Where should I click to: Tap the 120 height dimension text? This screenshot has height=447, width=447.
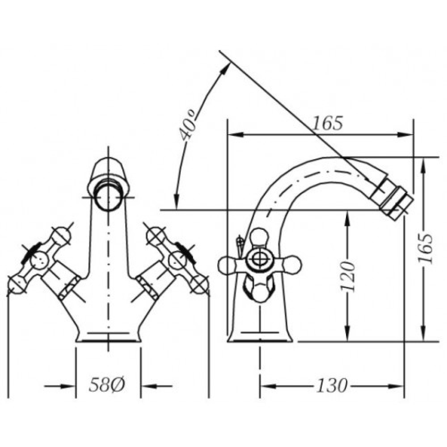tap(348, 276)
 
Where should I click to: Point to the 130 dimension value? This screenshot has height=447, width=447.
tap(332, 385)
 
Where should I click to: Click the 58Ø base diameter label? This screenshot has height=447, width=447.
tap(107, 385)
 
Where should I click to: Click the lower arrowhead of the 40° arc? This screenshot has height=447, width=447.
tap(177, 203)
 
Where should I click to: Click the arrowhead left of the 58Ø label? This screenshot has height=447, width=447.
tap(68, 386)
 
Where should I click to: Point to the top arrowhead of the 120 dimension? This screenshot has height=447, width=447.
tap(347, 218)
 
